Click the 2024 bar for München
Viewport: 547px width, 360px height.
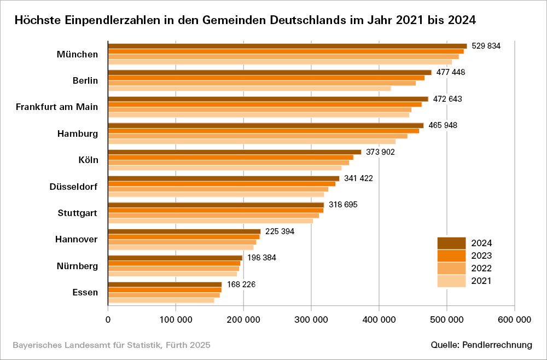287,46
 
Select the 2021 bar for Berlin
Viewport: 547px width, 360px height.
249,88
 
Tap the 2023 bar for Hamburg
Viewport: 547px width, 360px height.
263,131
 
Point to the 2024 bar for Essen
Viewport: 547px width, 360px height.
165,284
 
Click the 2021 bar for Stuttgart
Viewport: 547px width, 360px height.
210,221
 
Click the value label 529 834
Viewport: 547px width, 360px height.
486,46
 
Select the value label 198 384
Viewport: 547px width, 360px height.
261,258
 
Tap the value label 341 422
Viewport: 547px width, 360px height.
358,178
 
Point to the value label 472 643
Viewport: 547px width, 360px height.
447,99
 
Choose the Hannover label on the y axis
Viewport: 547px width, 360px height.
77,240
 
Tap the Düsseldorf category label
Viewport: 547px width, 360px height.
73,187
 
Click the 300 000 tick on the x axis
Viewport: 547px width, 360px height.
311,320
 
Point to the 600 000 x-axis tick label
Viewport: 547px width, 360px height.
514,320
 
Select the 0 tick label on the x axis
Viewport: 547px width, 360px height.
108,320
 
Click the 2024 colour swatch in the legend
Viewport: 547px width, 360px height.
451,243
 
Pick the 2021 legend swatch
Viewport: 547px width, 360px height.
451,281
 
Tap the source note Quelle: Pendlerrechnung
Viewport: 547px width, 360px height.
481,345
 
